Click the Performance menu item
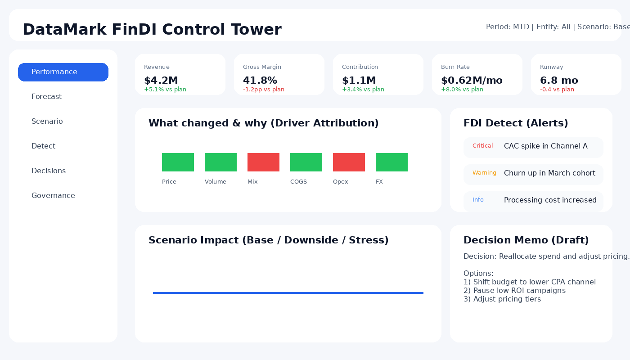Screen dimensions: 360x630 click(63, 72)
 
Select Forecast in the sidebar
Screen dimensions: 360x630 click(47, 97)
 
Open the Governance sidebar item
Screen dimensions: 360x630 click(53, 196)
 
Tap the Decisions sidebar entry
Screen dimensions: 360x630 click(49, 171)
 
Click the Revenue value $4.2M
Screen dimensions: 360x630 click(161, 81)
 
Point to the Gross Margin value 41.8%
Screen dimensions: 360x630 click(260, 81)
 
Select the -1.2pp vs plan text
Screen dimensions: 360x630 click(264, 90)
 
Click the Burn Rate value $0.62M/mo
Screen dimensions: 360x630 click(472, 81)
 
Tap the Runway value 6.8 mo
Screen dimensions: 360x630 click(559, 81)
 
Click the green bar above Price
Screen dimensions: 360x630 click(178, 162)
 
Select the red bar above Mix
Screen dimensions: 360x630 click(263, 162)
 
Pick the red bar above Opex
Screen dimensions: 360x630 click(349, 162)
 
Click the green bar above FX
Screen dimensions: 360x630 click(391, 162)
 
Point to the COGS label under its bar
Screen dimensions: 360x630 click(298, 182)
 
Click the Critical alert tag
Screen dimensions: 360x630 click(482, 146)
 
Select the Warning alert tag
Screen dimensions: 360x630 click(484, 173)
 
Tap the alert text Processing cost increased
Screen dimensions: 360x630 click(550, 200)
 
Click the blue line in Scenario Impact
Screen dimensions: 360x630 click(288, 293)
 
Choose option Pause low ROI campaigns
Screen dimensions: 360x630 click(514, 291)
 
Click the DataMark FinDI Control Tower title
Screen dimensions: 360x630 click(152, 30)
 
